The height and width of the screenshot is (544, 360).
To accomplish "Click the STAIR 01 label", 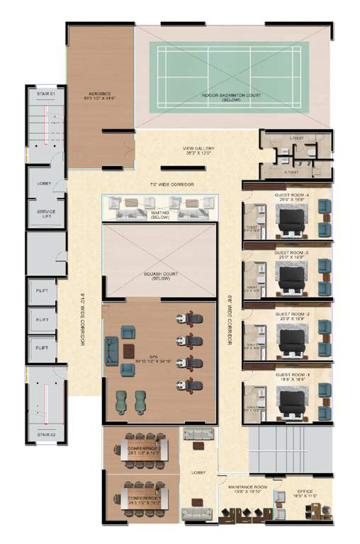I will (46, 93).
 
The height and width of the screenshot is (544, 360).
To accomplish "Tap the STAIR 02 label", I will (46, 433).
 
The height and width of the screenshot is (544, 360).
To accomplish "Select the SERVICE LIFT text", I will (46, 214).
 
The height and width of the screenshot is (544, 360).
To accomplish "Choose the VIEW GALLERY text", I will (198, 150).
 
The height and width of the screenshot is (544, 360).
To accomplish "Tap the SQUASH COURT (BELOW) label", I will (159, 276).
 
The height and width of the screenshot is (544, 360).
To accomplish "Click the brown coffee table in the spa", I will (128, 351).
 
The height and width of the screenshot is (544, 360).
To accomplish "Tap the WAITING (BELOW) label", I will (159, 215).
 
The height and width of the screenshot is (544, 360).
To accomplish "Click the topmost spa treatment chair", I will (189, 320).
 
